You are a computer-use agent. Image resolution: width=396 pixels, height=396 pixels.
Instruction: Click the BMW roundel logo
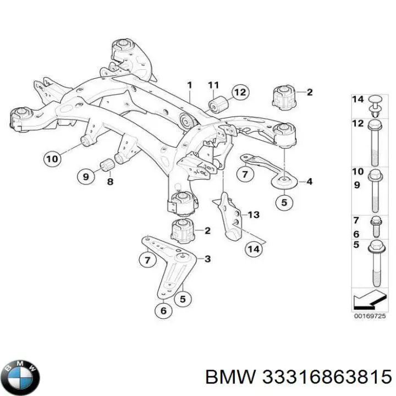(21, 378)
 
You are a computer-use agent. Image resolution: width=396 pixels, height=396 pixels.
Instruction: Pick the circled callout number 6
(162, 311)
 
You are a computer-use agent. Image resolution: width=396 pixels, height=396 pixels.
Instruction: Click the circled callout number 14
(254, 249)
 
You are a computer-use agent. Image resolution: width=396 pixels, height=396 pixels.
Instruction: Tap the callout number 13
(253, 215)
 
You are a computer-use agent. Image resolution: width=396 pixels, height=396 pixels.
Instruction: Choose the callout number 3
(207, 258)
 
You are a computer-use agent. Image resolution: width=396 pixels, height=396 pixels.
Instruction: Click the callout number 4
(310, 181)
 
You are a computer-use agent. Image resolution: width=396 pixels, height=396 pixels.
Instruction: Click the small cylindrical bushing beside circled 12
(215, 104)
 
